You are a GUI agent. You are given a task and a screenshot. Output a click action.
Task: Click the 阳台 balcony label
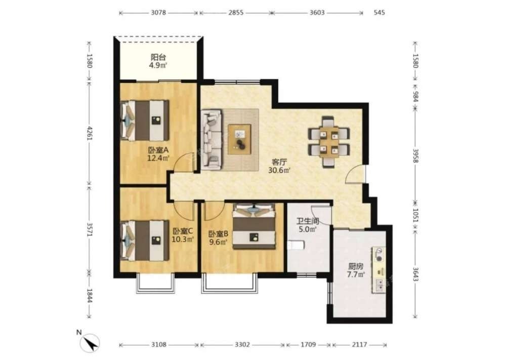pos(158,58)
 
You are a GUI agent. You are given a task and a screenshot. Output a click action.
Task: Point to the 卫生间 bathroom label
pos(308,221)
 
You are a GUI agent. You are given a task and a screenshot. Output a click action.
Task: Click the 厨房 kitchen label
pos(356,267)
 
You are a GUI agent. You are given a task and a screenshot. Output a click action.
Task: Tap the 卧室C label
pos(183,231)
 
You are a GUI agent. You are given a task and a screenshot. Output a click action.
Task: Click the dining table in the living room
pos(329,142)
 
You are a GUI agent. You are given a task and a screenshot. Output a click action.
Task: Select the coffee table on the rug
pos(239,139)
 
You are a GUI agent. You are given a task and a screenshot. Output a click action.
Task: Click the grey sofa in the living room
pos(212,139)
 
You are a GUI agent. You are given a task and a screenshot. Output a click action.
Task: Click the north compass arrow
pos(91,343)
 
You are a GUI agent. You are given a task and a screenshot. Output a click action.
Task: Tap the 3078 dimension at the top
pos(158,13)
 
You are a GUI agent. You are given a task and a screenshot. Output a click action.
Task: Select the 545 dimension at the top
pos(379,13)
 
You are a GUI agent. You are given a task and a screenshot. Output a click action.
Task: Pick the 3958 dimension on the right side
pos(415,155)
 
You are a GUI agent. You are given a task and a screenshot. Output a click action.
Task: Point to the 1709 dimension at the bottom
pos(308,344)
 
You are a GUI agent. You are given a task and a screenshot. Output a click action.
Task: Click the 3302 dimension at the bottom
pos(242,344)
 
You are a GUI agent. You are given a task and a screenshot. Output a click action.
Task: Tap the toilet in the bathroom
pos(296,245)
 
